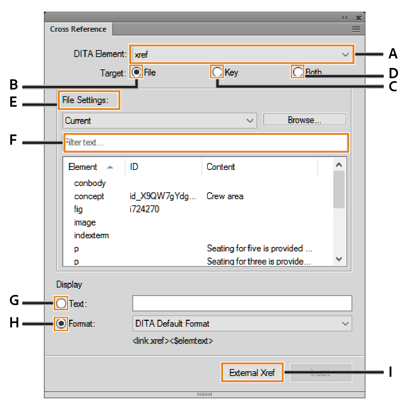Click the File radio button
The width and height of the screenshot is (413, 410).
[x=136, y=72]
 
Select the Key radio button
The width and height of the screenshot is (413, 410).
[x=217, y=72]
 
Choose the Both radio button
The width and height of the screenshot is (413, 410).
[x=298, y=72]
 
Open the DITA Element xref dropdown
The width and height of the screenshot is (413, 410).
[x=242, y=54]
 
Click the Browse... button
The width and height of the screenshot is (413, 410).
[x=304, y=120]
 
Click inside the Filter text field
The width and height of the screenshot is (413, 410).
[x=206, y=143]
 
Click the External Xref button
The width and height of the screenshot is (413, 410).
[x=252, y=373]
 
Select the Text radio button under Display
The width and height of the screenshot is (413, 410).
[x=61, y=303]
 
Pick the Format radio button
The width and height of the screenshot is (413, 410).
[x=61, y=323]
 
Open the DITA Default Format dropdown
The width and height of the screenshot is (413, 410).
[x=242, y=323]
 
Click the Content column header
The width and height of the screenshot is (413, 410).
[x=221, y=167]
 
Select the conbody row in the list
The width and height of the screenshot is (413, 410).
[x=90, y=183]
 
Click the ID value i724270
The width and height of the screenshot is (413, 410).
[x=144, y=209]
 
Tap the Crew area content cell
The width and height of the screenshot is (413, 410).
[x=225, y=196]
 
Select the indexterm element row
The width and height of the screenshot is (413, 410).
[x=91, y=235]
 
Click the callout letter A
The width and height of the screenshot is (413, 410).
[x=393, y=54]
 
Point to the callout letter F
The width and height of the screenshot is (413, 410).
[x=13, y=140]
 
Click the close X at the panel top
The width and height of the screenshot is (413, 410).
[x=358, y=18]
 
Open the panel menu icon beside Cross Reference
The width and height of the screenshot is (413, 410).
[x=356, y=29]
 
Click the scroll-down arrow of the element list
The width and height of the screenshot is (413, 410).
[x=339, y=259]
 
